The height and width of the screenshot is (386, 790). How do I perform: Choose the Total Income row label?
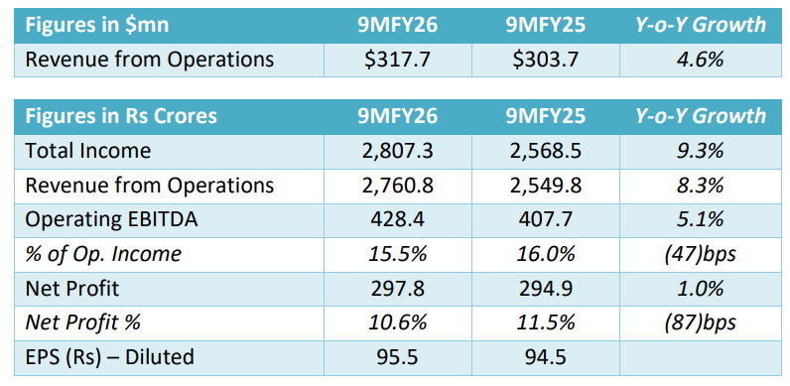tap(88, 151)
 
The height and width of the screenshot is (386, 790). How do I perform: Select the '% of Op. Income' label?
tap(104, 254)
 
